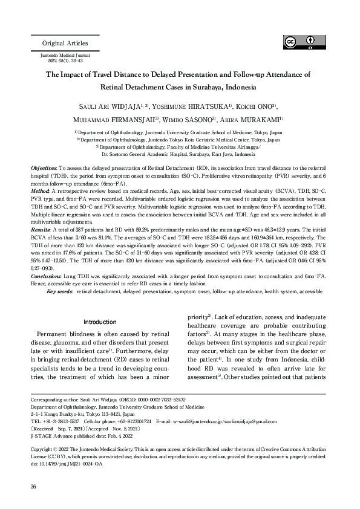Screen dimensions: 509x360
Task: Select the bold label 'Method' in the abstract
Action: point(39,190)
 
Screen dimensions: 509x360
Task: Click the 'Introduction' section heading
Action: point(100,322)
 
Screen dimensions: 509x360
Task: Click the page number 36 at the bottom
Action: point(34,487)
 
